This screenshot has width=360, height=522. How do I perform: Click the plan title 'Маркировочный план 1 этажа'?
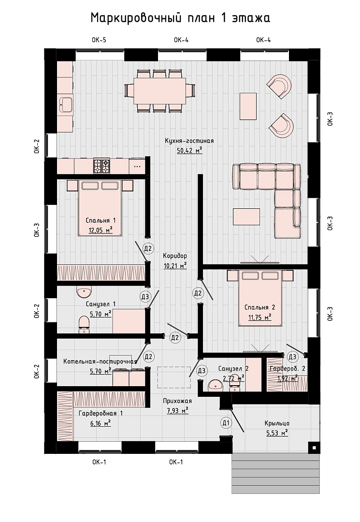tap(180, 18)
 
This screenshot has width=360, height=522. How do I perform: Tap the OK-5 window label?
tap(99, 40)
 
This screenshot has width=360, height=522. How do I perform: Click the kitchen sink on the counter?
tap(66, 105)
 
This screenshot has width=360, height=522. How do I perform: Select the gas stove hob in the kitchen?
tap(101, 165)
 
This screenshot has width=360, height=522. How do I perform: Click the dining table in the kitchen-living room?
tap(159, 91)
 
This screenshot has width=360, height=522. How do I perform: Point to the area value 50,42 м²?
tap(189, 150)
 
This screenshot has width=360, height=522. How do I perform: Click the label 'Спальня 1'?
tap(101, 220)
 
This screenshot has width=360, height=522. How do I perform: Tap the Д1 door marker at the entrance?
tap(226, 423)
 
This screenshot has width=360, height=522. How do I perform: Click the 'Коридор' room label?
tap(175, 256)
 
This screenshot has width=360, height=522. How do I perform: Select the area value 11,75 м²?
tap(259, 317)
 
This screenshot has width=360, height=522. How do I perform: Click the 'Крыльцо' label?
tap(277, 423)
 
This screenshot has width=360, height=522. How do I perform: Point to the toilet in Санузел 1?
tap(84, 324)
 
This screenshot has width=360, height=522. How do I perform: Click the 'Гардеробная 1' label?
tap(101, 413)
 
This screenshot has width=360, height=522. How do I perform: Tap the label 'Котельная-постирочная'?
tap(100, 362)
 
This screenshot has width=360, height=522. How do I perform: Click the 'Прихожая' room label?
tap(177, 401)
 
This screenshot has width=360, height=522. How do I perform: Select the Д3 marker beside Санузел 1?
tap(145, 297)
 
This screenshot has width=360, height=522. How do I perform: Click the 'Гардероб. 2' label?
tap(287, 369)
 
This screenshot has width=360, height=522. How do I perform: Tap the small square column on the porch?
tap(314, 448)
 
